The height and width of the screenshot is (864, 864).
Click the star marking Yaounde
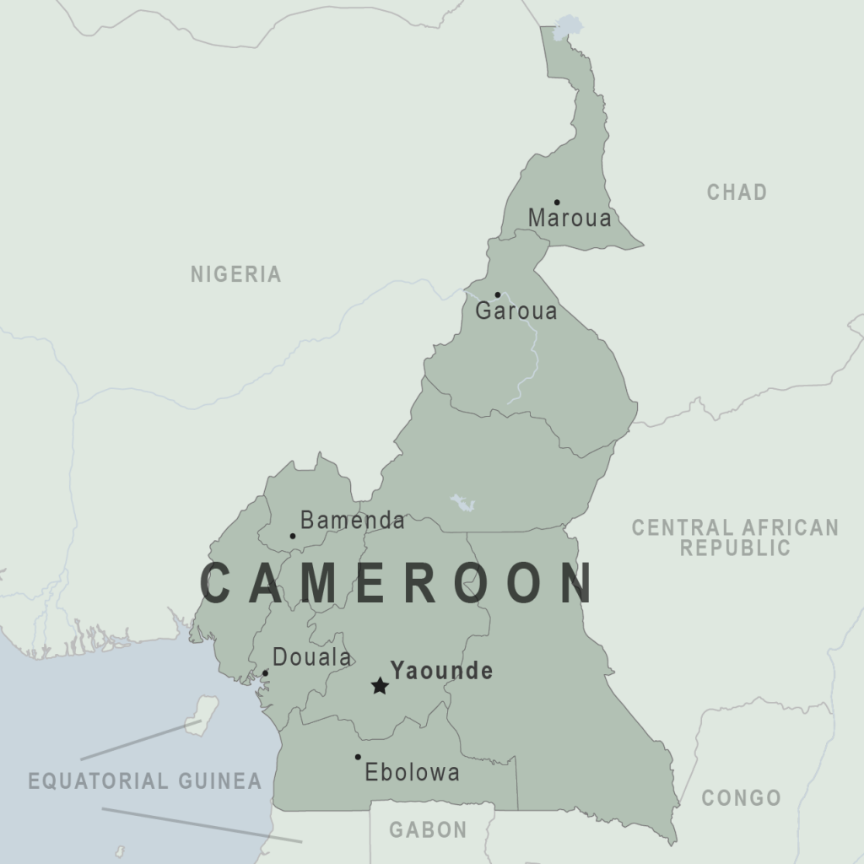pos(380,686)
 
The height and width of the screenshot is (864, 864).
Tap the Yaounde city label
pos(441,672)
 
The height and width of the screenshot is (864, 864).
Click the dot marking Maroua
pos(557,202)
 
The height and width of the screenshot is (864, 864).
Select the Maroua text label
pos(570,219)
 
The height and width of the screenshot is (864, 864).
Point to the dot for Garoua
pos(497,294)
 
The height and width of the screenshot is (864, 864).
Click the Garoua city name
pos(516,311)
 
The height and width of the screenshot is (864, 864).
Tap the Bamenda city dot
pos(293,536)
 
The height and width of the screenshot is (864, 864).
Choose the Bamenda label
pos(352,521)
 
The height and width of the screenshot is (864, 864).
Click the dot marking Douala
pos(265,673)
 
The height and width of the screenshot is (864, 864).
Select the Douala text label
pos(311,657)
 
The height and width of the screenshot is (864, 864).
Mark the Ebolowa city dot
pos(358,757)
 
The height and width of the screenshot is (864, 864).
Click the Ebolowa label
pos(412,772)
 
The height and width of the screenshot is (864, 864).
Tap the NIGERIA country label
pos(235,274)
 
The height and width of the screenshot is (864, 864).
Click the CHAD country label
pos(737,192)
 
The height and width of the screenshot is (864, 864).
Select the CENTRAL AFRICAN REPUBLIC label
pos(736,537)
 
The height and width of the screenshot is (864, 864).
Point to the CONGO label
pos(741,797)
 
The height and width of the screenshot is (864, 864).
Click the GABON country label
pos(428,830)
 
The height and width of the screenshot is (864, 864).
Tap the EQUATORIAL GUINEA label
pos(144,780)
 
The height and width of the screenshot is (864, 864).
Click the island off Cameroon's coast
pos(202,715)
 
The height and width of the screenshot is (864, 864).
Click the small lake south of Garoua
pos(462,503)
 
